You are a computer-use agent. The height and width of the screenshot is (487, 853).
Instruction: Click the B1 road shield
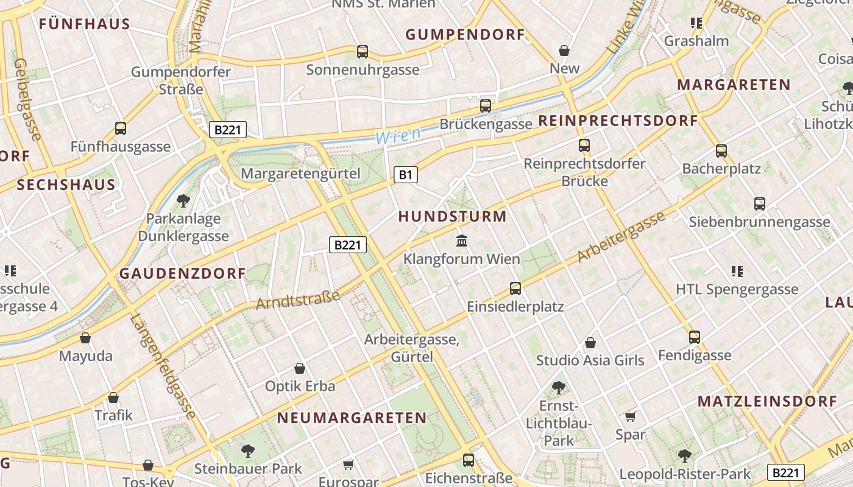tap(406, 175)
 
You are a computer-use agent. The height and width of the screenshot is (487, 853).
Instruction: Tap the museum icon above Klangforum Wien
tap(462, 241)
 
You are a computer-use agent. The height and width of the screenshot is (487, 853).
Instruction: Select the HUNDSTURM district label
tap(452, 216)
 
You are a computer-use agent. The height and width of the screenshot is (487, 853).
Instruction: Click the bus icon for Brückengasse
tap(486, 105)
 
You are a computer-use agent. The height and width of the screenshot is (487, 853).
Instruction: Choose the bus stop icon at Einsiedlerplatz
tap(515, 288)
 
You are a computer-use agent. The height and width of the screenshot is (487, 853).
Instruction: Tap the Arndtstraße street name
tap(298, 299)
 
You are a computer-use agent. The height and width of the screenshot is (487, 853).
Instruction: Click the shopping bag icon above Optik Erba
tap(300, 368)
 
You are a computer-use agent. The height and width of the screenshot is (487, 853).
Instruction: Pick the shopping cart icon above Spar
tap(630, 416)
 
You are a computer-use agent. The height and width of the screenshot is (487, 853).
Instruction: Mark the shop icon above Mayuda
tap(85, 338)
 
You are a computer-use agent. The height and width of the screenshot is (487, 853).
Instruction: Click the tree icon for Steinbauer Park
tap(247, 450)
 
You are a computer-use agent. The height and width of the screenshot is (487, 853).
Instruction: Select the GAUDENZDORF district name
tap(182, 273)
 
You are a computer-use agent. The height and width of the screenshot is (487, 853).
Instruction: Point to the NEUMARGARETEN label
tap(352, 418)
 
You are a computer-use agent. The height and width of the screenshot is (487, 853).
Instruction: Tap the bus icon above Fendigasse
tap(695, 337)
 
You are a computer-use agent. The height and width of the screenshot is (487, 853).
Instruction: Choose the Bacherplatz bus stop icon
tap(721, 150)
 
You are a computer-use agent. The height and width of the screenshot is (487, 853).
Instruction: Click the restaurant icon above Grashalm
tap(696, 23)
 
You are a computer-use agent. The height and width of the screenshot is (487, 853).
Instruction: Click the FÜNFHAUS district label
tap(85, 24)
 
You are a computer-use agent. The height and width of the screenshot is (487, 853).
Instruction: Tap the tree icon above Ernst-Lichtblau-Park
tap(558, 387)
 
